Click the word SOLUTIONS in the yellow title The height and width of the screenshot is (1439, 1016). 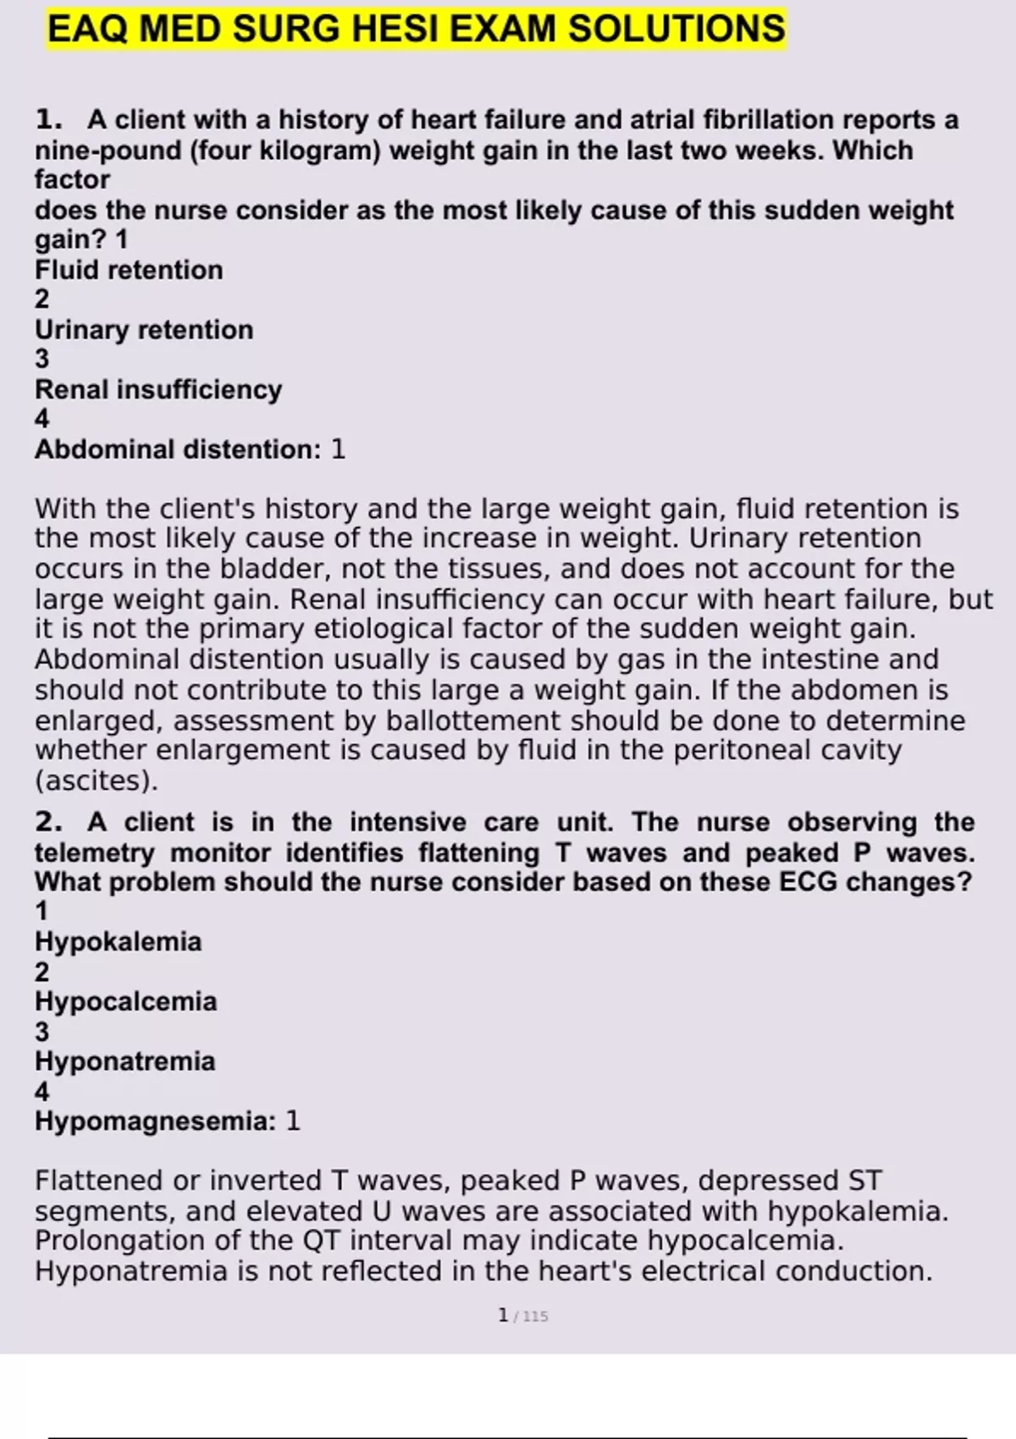pos(676,30)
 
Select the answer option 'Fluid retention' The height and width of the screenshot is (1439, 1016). pos(129,270)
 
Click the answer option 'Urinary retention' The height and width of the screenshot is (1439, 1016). pos(144,329)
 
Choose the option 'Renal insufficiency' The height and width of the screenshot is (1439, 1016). pos(158,389)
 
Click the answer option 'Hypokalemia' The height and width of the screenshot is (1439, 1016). pos(118,941)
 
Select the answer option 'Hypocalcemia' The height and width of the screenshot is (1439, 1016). pos(125,1001)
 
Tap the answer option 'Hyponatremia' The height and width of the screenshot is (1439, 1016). pos(124,1061)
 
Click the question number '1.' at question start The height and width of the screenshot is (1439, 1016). pos(48,120)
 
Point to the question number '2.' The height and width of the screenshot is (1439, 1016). pos(48,822)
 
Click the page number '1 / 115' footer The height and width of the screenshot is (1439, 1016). pos(523,1315)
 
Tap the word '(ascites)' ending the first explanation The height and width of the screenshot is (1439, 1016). pos(96,780)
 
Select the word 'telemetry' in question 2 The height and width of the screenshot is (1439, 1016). pos(95,852)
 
